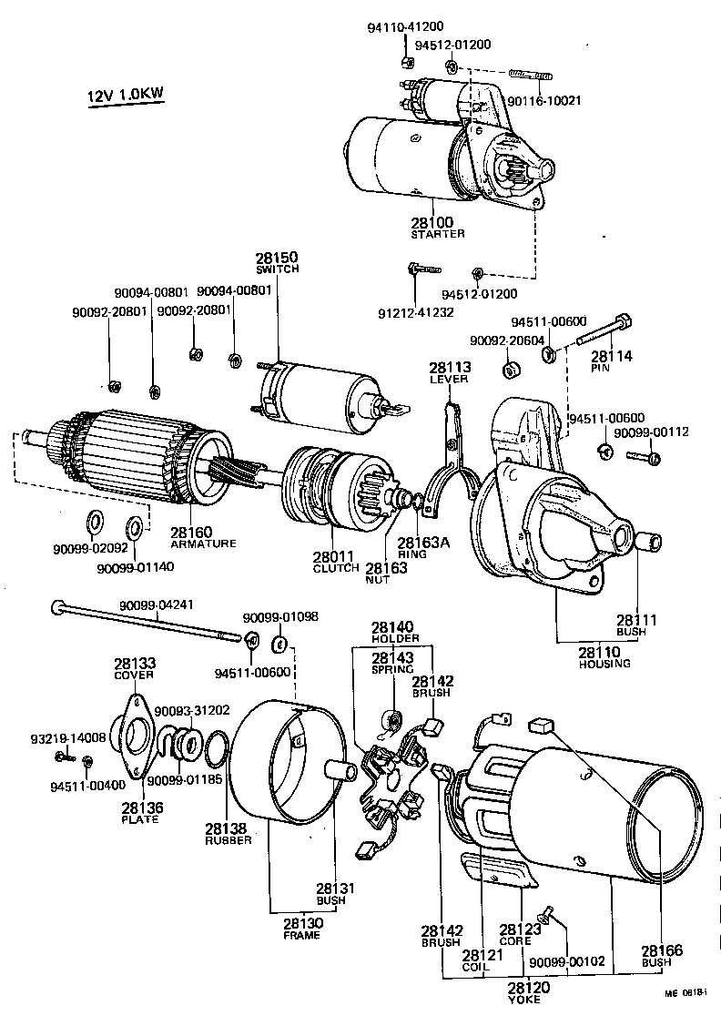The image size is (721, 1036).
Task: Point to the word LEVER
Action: click(x=450, y=380)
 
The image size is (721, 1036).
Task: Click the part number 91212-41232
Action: click(x=415, y=311)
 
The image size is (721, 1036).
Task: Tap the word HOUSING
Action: click(x=604, y=664)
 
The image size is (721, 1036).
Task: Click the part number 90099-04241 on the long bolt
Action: click(x=156, y=604)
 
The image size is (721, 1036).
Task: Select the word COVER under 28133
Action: click(x=134, y=675)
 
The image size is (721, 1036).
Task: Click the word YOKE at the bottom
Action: click(x=524, y=1000)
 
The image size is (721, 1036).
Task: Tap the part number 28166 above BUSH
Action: click(x=661, y=950)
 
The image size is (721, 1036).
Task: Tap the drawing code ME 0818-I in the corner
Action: click(x=687, y=1019)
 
